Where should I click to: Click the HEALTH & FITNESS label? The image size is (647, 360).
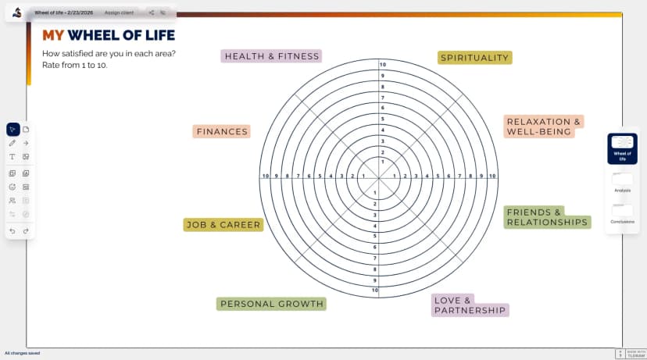pyautogui.click(x=271, y=56)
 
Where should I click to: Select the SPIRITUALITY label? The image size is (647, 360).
pyautogui.click(x=474, y=58)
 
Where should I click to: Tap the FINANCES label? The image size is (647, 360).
pyautogui.click(x=222, y=132)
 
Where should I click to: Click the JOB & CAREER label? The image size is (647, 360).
pyautogui.click(x=223, y=225)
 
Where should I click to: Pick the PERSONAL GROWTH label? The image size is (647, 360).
pyautogui.click(x=271, y=304)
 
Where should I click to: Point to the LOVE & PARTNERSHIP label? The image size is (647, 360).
pyautogui.click(x=470, y=305)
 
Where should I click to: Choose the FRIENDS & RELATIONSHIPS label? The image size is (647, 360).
pyautogui.click(x=546, y=217)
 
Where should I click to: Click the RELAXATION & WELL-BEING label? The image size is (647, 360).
pyautogui.click(x=544, y=127)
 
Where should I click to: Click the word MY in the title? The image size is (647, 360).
pyautogui.click(x=52, y=35)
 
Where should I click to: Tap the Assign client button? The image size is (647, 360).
pyautogui.click(x=119, y=13)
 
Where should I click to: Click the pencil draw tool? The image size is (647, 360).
pyautogui.click(x=13, y=143)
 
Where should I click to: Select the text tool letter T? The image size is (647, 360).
pyautogui.click(x=13, y=156)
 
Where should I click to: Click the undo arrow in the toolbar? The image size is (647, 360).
pyautogui.click(x=13, y=231)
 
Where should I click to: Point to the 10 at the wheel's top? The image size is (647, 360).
pyautogui.click(x=382, y=64)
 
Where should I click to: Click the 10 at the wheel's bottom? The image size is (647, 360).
pyautogui.click(x=375, y=290)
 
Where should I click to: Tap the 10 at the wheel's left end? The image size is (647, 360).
pyautogui.click(x=266, y=176)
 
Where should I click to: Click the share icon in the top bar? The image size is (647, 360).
pyautogui.click(x=151, y=13)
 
